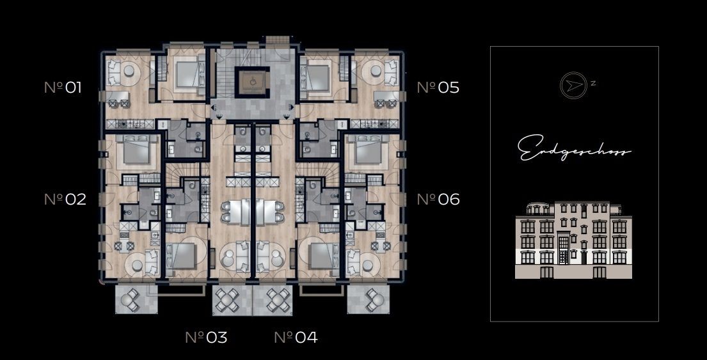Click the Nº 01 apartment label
tap(63, 87)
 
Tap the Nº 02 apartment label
tap(65, 199)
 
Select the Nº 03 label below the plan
tap(206, 337)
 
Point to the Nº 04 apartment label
tap(296, 337)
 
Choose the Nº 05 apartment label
tap(438, 87)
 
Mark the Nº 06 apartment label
tap(438, 199)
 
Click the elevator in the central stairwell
tap(252, 81)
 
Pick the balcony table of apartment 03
tap(226, 299)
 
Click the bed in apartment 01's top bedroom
tap(186, 74)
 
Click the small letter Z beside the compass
tap(593, 83)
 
